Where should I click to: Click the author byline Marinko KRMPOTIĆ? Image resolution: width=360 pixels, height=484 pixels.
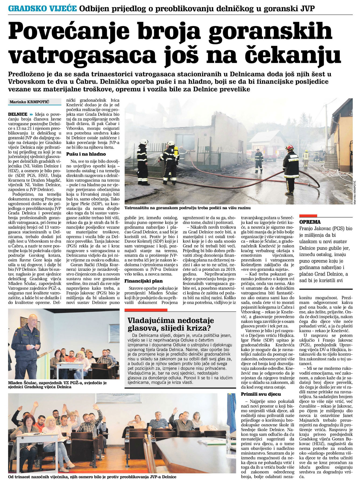click(x=30, y=102)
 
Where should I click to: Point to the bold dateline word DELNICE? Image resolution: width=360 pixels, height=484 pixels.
click(x=18, y=114)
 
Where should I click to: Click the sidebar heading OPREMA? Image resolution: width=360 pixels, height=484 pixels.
click(x=310, y=222)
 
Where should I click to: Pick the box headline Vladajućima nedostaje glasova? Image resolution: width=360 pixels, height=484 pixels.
click(x=171, y=324)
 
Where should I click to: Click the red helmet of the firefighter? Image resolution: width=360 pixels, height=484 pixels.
click(x=290, y=147)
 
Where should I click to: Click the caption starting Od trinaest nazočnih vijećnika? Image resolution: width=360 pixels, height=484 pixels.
click(x=92, y=477)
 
